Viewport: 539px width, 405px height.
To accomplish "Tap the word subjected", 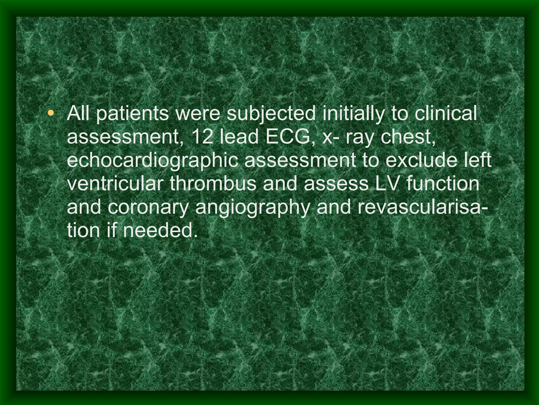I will pyautogui.click(x=271, y=114).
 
